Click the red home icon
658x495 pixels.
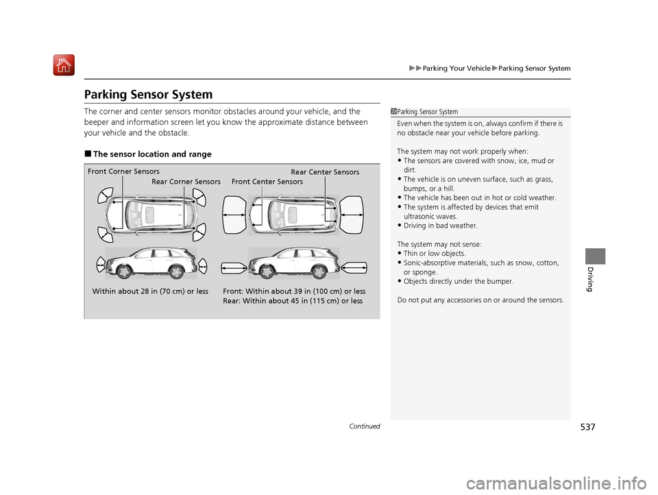pyautogui.click(x=64, y=65)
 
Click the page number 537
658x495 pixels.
pyautogui.click(x=587, y=427)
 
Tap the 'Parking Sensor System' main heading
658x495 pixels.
pyautogui.click(x=148, y=95)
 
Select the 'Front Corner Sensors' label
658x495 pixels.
pyautogui.click(x=123, y=171)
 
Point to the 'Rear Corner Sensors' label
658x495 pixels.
pyautogui.click(x=186, y=182)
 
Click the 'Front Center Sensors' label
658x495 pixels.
pyautogui.click(x=267, y=182)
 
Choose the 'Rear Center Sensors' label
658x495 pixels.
pyautogui.click(x=325, y=172)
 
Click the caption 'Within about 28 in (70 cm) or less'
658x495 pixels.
pyautogui.click(x=150, y=291)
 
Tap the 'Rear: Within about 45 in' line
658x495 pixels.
pyautogui.click(x=293, y=301)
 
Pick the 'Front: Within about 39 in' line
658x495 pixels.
pyautogui.click(x=294, y=291)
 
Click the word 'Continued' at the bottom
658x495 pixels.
pyautogui.click(x=364, y=426)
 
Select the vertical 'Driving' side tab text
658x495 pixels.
pyautogui.click(x=590, y=279)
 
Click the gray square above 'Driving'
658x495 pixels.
pyautogui.click(x=596, y=256)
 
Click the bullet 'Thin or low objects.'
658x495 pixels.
pyautogui.click(x=431, y=254)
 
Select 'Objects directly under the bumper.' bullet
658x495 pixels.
pyautogui.click(x=455, y=281)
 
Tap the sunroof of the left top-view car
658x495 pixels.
pyautogui.click(x=149, y=215)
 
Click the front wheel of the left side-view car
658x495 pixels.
pyautogui.click(x=125, y=272)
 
